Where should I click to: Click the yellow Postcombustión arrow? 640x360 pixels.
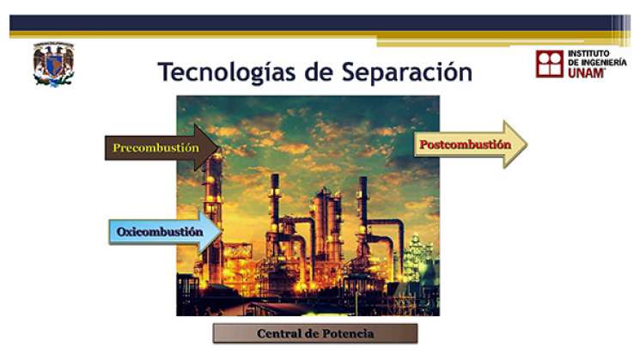468,144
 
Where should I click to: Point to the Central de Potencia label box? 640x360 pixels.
314,333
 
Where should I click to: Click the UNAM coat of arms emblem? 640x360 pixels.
53,64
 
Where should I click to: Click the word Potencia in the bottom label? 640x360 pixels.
347,333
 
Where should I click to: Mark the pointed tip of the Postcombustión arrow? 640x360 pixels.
525,144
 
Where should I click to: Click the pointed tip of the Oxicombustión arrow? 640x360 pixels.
221,232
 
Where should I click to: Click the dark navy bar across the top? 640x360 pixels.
318,23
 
